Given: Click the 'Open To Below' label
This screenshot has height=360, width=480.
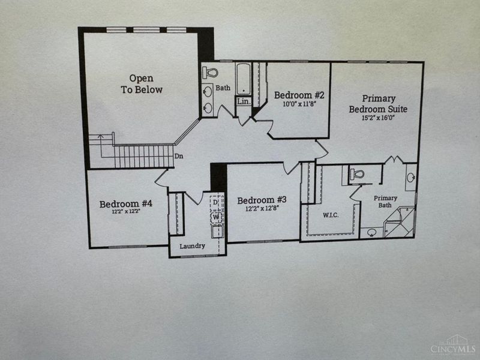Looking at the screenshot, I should [x=142, y=84].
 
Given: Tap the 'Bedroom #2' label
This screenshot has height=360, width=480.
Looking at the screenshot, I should [x=299, y=95].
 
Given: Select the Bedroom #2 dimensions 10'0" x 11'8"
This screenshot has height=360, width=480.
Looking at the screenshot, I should [x=299, y=104].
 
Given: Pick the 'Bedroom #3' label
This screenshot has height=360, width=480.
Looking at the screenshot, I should [x=262, y=200].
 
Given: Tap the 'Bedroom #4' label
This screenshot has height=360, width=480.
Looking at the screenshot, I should [x=126, y=203].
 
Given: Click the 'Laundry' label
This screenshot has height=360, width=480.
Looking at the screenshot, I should [x=193, y=245].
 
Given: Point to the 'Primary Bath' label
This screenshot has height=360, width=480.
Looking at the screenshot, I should [x=386, y=202].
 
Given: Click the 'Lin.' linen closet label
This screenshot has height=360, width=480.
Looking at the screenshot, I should [x=243, y=102].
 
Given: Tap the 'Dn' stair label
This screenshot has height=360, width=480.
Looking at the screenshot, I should [x=179, y=157].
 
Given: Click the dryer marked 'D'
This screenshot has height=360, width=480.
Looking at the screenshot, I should [x=216, y=203].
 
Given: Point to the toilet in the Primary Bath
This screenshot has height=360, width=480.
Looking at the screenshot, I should [x=358, y=175].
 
